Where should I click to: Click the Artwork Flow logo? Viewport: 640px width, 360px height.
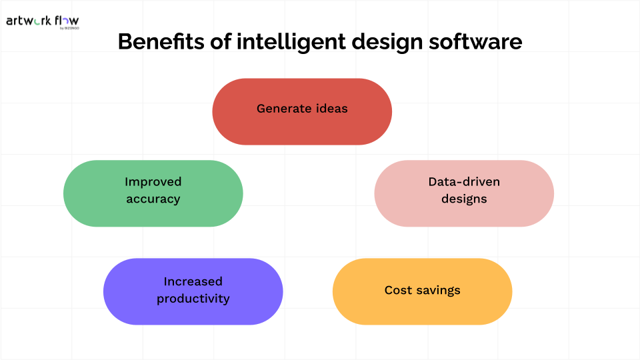coord(42,21)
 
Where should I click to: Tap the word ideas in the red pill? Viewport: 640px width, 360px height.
coord(332,108)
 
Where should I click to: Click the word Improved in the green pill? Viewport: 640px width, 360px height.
coord(153,181)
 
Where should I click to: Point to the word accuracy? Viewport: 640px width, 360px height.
coord(153,199)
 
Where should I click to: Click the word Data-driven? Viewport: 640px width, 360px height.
coord(464,181)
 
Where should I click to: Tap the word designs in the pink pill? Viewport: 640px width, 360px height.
coord(464,199)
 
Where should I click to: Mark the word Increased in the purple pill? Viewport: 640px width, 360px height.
coord(193,281)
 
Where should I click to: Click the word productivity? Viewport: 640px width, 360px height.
coord(193,299)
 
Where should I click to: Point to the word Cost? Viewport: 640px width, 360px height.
coord(398,290)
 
